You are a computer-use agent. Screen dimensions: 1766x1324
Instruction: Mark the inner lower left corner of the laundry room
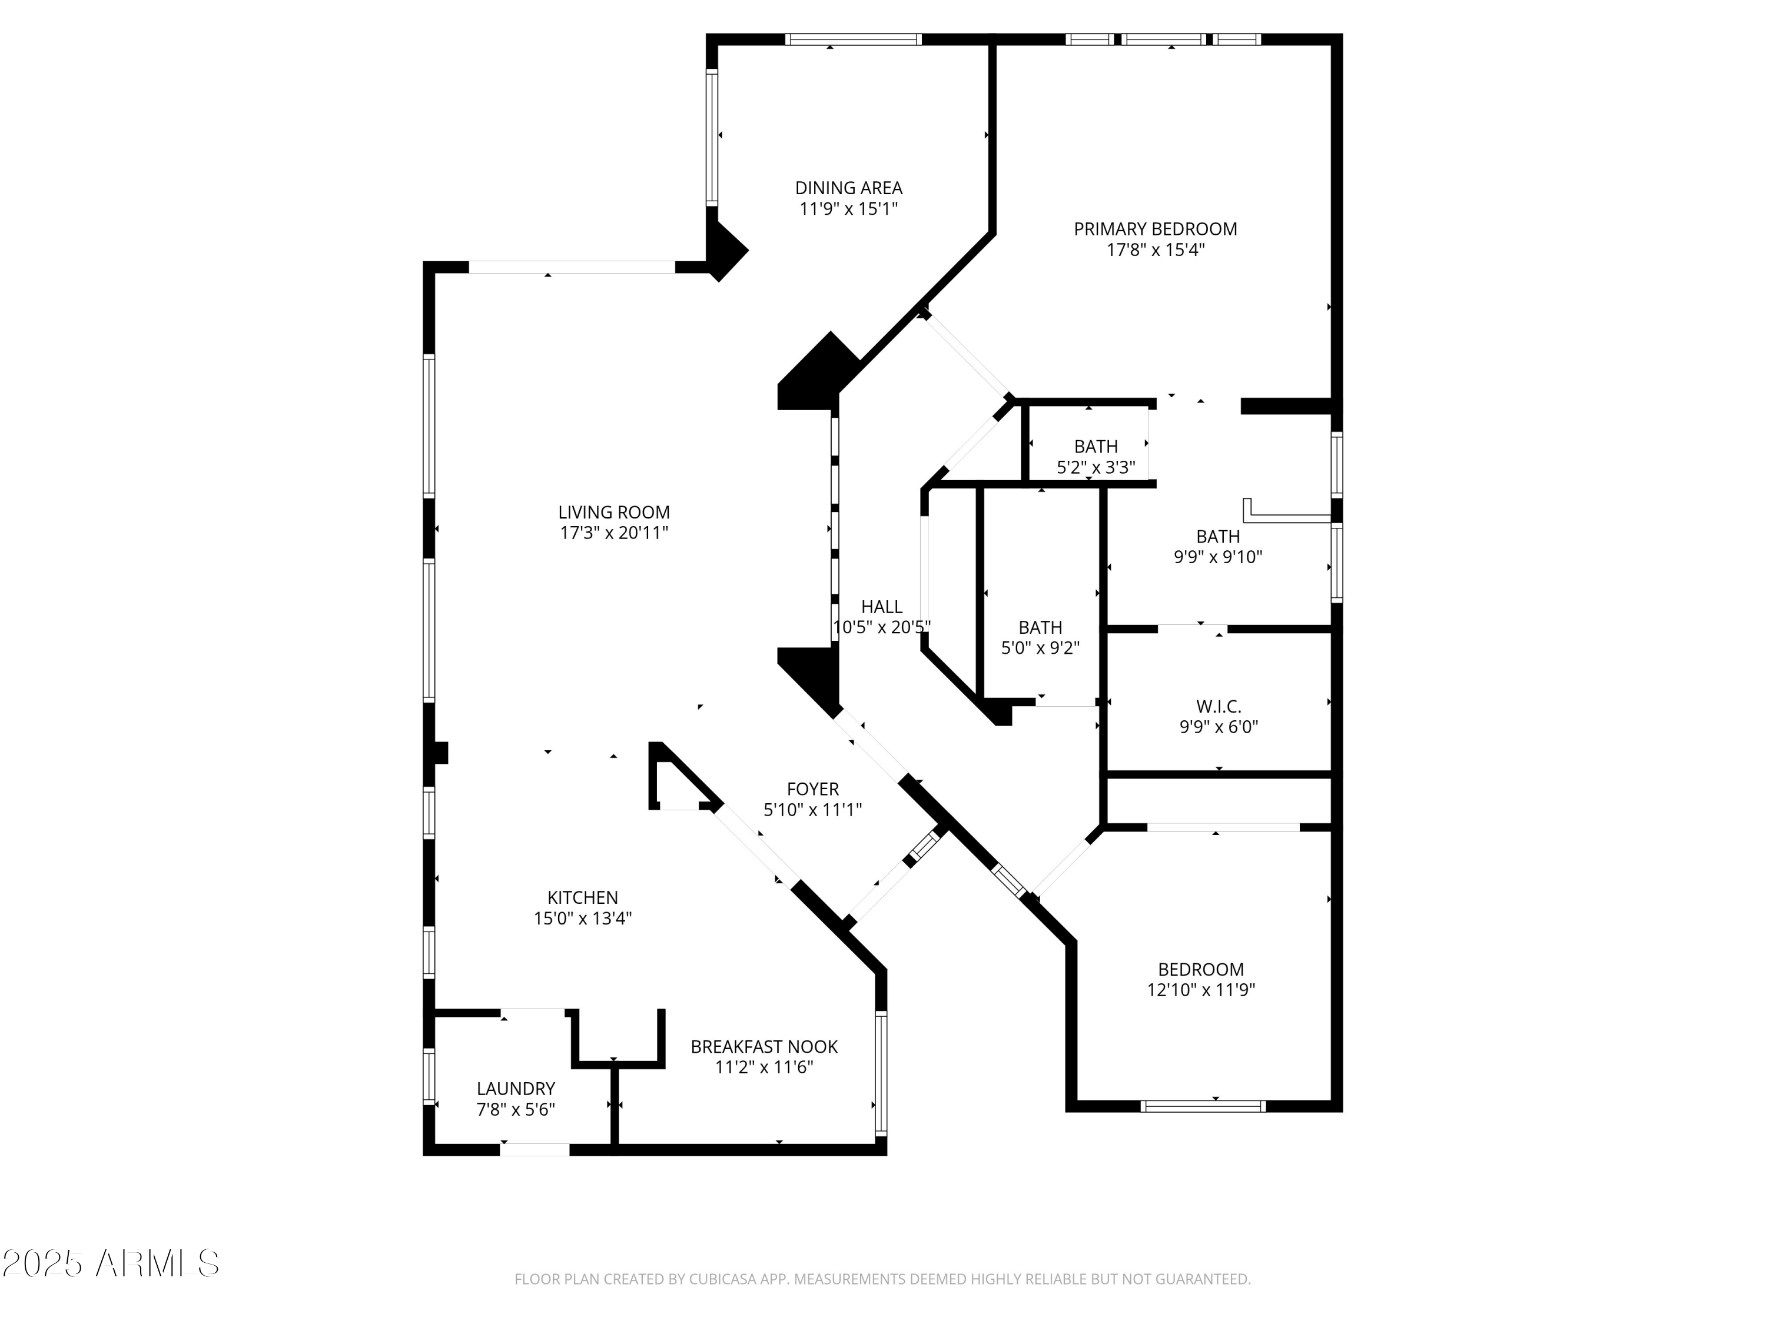tap(435, 1143)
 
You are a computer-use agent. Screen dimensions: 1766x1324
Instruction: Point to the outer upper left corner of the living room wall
tap(423, 262)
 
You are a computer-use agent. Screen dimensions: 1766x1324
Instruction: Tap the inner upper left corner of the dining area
tap(718, 45)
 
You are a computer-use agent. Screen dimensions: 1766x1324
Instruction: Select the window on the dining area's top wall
tap(852, 39)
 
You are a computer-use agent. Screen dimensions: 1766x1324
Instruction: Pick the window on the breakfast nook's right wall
tap(881, 1073)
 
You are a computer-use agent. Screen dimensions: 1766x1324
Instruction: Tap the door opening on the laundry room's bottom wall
tap(535, 1149)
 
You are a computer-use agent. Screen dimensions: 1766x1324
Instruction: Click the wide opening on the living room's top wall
tap(572, 267)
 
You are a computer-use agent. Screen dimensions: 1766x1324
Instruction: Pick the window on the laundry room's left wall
tap(429, 1076)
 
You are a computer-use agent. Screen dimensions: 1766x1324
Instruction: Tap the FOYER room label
tap(813, 789)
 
